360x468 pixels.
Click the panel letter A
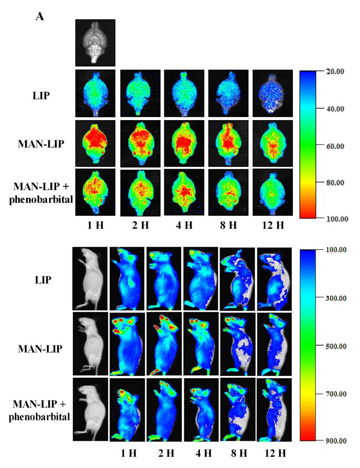coord(40,17)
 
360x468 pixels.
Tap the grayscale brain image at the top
coord(95,42)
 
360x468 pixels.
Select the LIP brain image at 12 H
coord(272,93)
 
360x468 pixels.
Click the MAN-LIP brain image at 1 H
coord(95,142)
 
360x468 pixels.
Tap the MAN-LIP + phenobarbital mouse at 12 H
coord(274,409)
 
